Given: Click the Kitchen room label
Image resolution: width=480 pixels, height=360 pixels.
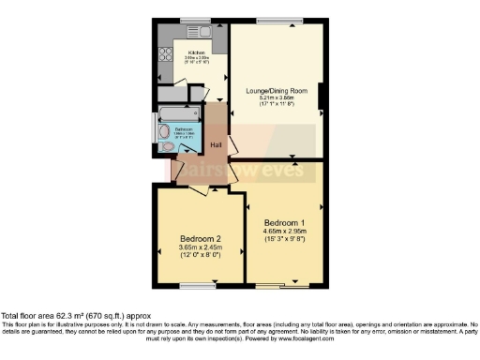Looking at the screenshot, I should pyautogui.click(x=197, y=52).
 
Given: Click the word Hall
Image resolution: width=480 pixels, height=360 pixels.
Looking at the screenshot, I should pyautogui.click(x=216, y=144).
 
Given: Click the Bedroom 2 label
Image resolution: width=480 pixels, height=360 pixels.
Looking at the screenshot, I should pyautogui.click(x=200, y=238).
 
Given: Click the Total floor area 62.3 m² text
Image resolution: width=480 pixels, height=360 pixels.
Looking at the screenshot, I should pyautogui.click(x=75, y=316).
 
